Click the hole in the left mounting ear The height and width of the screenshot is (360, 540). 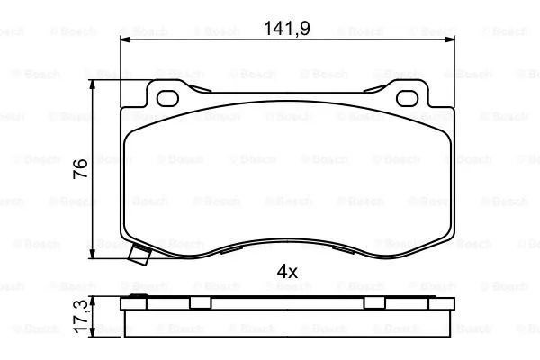[x=169, y=96]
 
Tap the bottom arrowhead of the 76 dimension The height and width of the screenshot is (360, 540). [x=95, y=255]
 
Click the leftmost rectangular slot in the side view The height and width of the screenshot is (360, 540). [x=201, y=302]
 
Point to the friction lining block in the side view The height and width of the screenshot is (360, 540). [x=287, y=319]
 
